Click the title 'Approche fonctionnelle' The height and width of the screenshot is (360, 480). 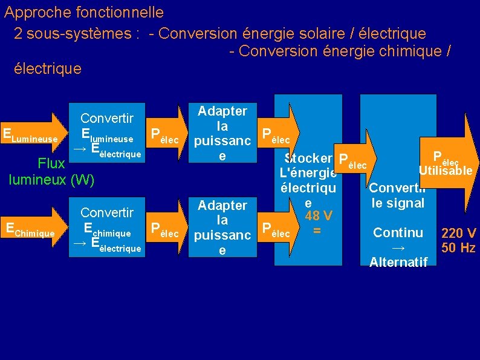tap(83, 12)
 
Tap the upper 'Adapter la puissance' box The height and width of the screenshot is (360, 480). tap(222, 133)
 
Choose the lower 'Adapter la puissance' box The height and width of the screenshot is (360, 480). tap(222, 227)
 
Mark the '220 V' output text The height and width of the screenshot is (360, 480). tap(459, 233)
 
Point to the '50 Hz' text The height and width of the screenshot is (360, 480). tap(459, 247)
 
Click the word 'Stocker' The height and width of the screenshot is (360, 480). tap(308, 159)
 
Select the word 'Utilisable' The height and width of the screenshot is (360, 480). tap(445, 171)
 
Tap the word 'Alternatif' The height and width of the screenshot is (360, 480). tap(398, 261)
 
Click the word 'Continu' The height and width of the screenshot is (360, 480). tap(398, 232)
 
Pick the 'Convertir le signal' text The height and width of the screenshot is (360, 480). tap(398, 196)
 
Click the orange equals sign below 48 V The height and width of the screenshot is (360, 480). tap(316, 231)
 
